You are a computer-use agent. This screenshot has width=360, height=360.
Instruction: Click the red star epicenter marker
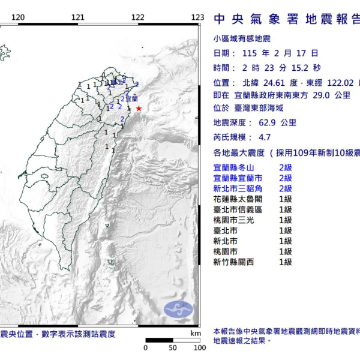point(139,109)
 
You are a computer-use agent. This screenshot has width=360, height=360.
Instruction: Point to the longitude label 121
point(77,17)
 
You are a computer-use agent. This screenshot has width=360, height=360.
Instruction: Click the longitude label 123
point(197,17)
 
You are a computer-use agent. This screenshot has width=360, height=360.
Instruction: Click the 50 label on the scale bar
point(173,347)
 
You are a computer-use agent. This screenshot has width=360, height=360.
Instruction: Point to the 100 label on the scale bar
point(199,347)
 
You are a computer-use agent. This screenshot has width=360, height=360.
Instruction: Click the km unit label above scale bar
point(196,333)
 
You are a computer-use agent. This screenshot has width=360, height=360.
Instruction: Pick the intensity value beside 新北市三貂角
point(286,188)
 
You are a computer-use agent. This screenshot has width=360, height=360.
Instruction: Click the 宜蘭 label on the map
point(132,98)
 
